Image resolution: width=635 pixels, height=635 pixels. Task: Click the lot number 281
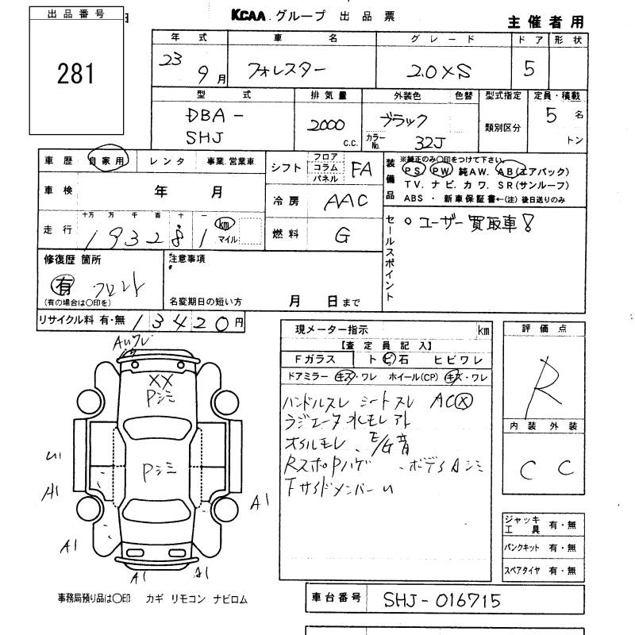click(x=75, y=74)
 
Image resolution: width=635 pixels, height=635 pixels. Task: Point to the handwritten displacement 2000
click(x=325, y=127)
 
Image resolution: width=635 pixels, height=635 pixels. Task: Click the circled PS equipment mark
click(x=413, y=170)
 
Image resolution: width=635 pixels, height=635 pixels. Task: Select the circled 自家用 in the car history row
click(x=108, y=160)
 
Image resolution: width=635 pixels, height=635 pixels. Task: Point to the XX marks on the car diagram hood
click(x=160, y=380)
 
